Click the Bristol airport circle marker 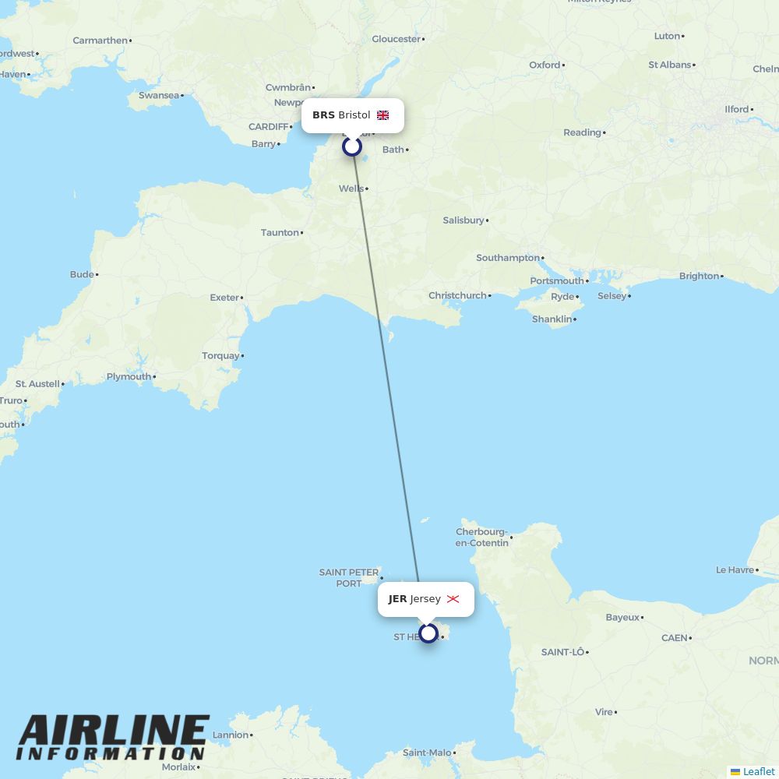(x=352, y=146)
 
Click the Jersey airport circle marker (x=428, y=633)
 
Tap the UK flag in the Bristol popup (x=382, y=115)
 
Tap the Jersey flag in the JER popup (x=453, y=599)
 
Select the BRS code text (x=323, y=115)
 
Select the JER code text (x=397, y=599)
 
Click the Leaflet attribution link (x=758, y=771)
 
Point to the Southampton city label (x=508, y=258)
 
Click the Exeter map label (x=224, y=298)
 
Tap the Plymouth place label (x=129, y=377)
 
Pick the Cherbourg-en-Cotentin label (x=481, y=538)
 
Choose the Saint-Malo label (x=427, y=753)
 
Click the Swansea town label (x=159, y=95)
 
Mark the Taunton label (x=280, y=232)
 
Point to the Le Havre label (x=735, y=570)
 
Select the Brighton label (x=699, y=276)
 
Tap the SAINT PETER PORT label (x=348, y=578)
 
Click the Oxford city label (x=545, y=65)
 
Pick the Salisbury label (x=464, y=220)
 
